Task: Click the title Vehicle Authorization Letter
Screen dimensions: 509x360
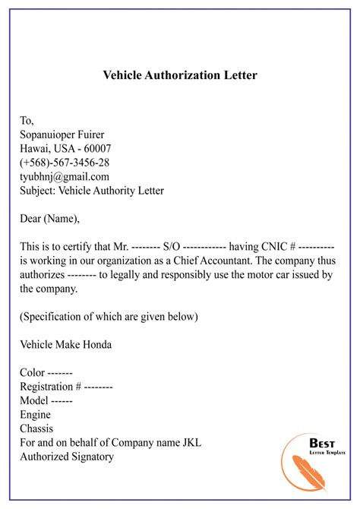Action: (179, 76)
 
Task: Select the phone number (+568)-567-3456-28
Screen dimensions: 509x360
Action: (65, 163)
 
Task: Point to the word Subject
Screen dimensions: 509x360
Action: (38, 191)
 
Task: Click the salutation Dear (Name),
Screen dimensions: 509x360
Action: (50, 219)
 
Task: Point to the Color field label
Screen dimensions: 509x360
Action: (32, 373)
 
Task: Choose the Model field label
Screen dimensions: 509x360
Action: (34, 400)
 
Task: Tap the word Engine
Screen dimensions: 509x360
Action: (36, 415)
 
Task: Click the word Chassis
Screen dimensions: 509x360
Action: (38, 428)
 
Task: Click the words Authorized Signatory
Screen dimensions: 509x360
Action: (67, 457)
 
